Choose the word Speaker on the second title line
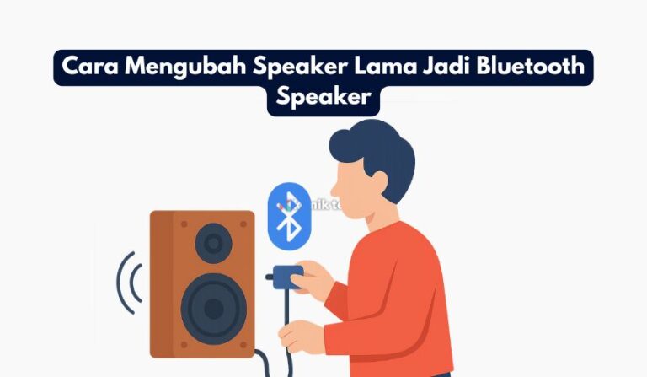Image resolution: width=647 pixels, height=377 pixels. (x=323, y=98)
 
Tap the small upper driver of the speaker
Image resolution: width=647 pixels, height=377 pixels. (x=213, y=245)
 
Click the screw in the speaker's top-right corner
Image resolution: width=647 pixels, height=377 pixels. (x=244, y=224)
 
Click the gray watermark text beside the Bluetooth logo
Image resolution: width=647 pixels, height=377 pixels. (x=320, y=204)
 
